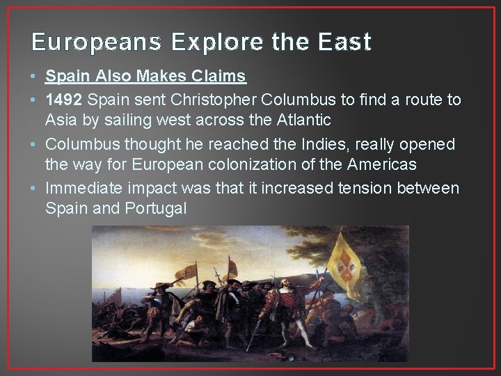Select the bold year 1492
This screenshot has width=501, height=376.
point(65,100)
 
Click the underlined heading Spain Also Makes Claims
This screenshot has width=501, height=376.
point(146,75)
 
